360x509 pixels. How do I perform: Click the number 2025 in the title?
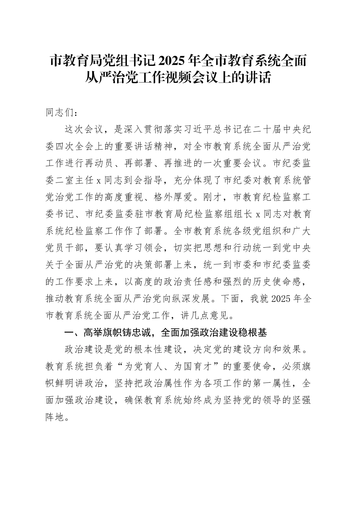coord(173,61)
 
